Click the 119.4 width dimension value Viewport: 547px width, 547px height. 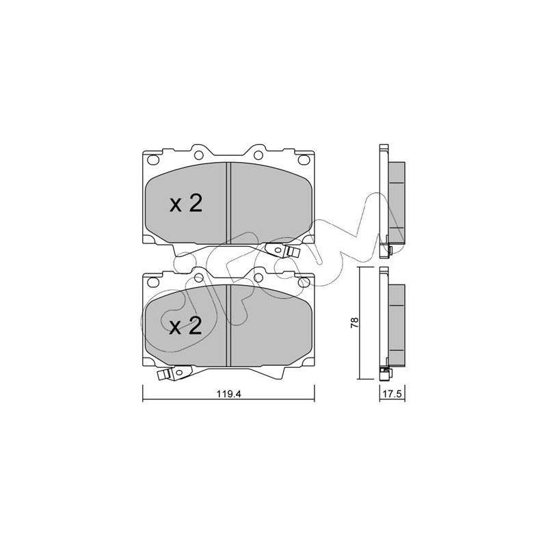(229, 395)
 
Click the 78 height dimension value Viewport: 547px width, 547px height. (355, 322)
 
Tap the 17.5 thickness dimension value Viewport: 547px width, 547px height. (392, 395)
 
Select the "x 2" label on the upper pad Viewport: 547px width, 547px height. (185, 204)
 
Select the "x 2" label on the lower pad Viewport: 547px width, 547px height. (185, 326)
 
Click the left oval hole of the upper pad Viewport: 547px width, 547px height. (153, 160)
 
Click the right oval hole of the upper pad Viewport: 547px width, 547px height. (304, 160)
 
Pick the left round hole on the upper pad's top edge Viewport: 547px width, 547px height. (199, 155)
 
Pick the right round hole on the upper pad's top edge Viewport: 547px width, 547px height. (258, 155)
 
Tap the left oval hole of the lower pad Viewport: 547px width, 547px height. (153, 282)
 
